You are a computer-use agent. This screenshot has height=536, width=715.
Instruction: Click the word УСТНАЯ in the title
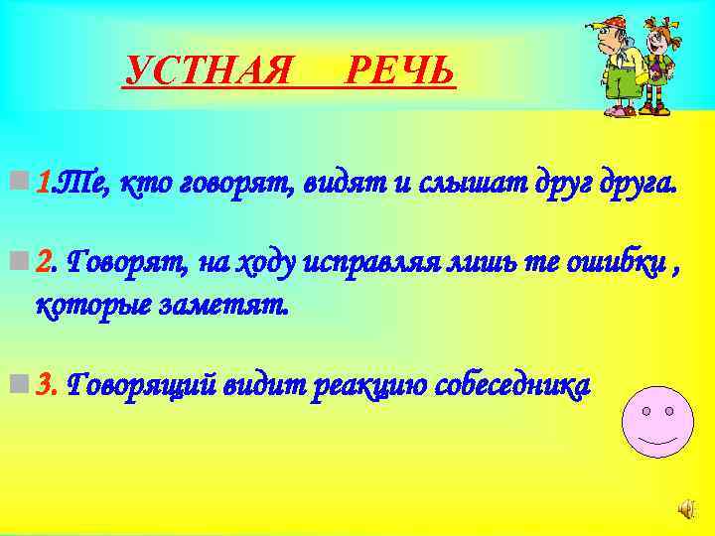211,70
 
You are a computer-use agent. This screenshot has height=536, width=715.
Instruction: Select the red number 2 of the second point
43,261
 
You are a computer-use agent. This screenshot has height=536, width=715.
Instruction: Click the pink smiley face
657,421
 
